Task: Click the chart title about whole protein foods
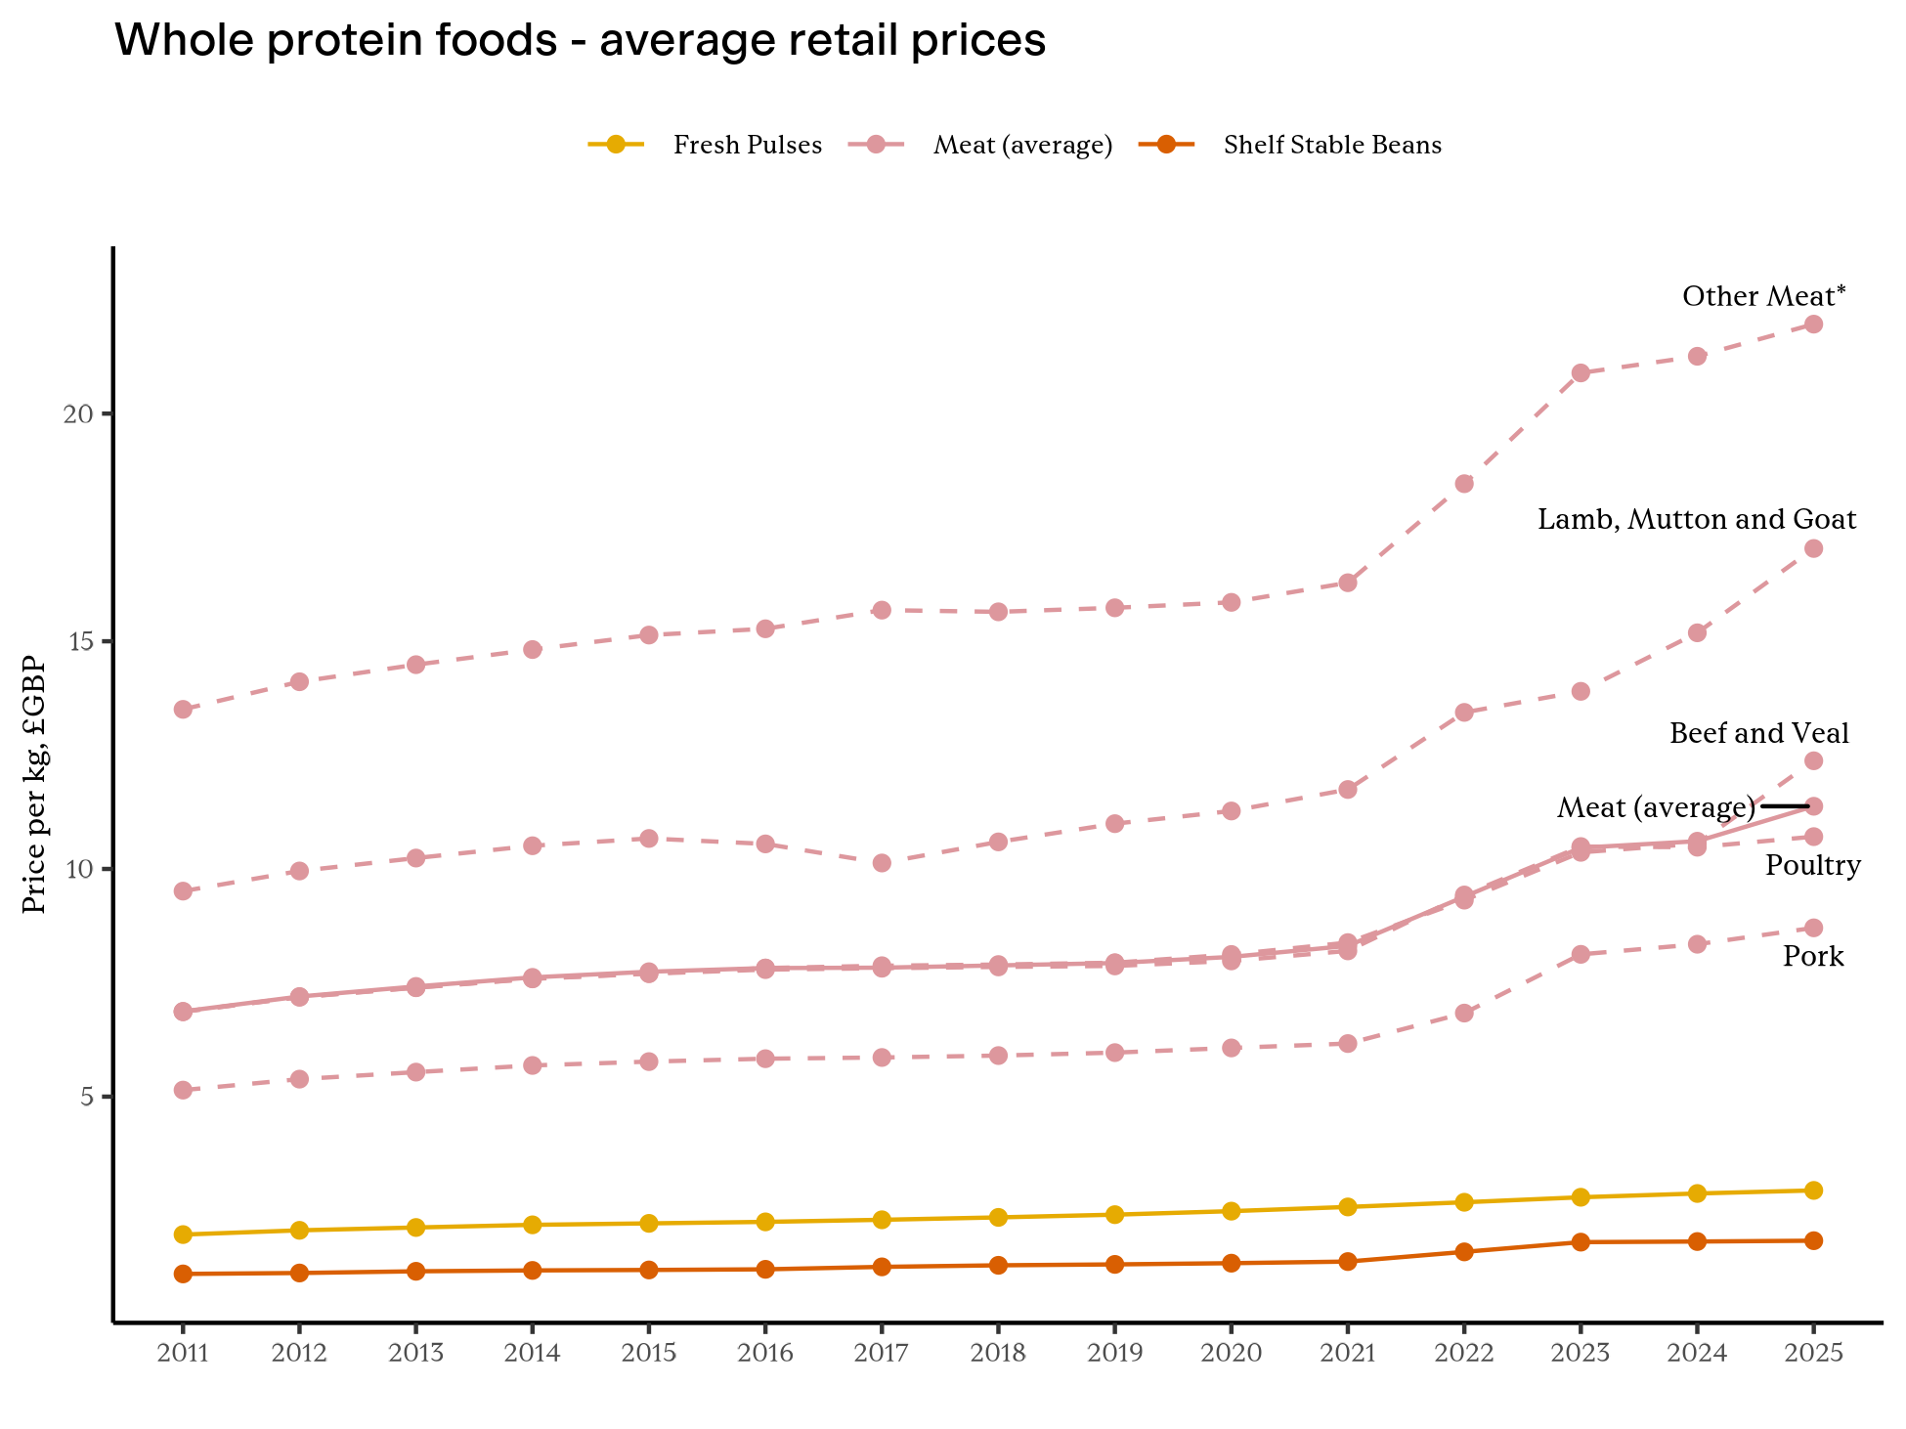click(x=581, y=42)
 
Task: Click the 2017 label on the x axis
click(x=882, y=1354)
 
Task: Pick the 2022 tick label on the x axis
click(x=1463, y=1354)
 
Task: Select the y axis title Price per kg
click(x=35, y=784)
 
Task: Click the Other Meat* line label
click(x=1763, y=296)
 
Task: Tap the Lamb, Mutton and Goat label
click(x=1697, y=520)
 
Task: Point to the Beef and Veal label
click(x=1758, y=733)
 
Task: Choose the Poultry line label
click(x=1812, y=866)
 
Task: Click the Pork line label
click(x=1813, y=957)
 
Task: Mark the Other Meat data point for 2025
click(x=1813, y=325)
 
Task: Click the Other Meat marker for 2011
click(x=183, y=710)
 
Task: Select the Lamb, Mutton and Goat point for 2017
click(x=882, y=863)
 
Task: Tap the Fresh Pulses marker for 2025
click(x=1813, y=1191)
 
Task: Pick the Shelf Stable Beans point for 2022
click(x=1463, y=1252)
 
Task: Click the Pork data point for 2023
click(x=1581, y=955)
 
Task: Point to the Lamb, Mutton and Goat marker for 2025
click(x=1813, y=548)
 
